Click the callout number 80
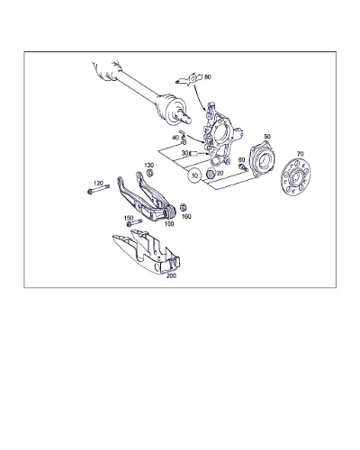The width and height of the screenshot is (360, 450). click(x=208, y=77)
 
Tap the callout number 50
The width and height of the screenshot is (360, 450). click(x=267, y=137)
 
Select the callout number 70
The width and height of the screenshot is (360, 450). click(x=300, y=154)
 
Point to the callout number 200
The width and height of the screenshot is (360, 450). click(x=171, y=275)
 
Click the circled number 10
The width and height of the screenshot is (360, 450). click(x=194, y=175)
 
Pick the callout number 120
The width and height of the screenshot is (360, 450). click(x=98, y=183)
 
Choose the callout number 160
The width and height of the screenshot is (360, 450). click(x=186, y=216)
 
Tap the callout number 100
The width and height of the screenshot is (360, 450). click(x=169, y=224)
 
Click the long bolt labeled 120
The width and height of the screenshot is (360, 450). click(x=98, y=189)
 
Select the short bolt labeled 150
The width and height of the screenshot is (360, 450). click(x=134, y=223)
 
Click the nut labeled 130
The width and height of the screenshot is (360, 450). click(x=149, y=173)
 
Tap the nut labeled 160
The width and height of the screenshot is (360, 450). click(x=184, y=207)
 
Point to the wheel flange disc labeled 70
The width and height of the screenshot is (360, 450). click(x=295, y=177)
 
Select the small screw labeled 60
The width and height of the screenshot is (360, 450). click(x=243, y=167)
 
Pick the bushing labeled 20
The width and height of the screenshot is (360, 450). click(x=211, y=173)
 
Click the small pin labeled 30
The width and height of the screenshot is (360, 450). click(x=193, y=154)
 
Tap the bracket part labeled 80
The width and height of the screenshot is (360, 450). click(x=189, y=79)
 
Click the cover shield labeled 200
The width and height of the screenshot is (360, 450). click(x=147, y=251)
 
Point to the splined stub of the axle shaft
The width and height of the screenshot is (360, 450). click(x=186, y=119)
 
